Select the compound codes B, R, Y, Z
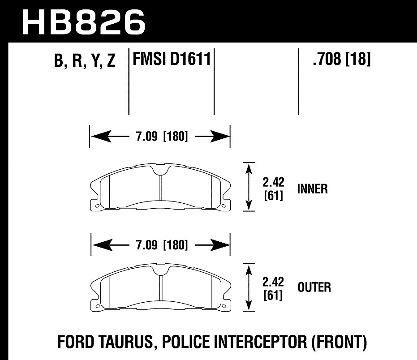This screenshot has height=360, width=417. click(85, 61)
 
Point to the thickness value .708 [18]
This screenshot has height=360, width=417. click(342, 59)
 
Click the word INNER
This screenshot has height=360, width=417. click(312, 189)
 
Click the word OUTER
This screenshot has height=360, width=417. click(314, 287)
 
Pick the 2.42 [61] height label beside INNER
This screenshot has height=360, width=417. click(273, 189)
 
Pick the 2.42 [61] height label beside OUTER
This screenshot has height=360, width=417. click(273, 289)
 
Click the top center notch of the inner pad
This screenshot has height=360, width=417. click(161, 171)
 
